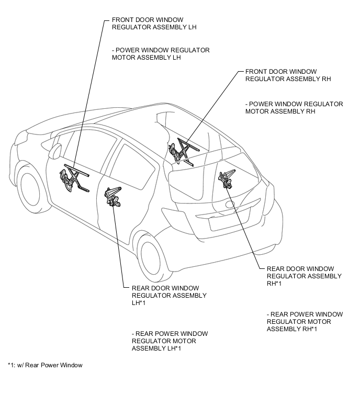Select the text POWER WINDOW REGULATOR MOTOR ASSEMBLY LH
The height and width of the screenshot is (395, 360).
[x=161, y=54]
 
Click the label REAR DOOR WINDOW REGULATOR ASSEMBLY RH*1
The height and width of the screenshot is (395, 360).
[x=304, y=276]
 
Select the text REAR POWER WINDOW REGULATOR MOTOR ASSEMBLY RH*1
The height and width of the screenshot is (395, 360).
[x=305, y=321]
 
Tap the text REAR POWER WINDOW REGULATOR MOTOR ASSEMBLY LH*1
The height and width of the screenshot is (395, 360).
[x=170, y=341]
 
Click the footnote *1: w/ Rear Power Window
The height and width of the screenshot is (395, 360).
[x=45, y=365]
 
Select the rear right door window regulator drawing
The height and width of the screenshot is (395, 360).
[x=228, y=179]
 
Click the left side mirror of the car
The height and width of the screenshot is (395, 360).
[x=54, y=151]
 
